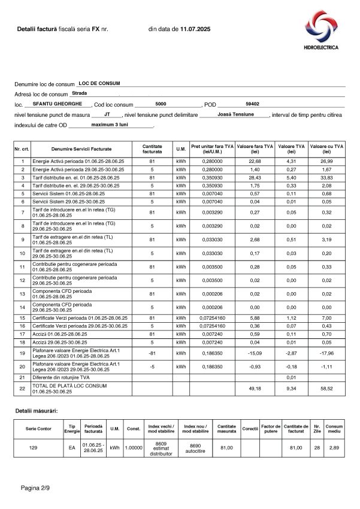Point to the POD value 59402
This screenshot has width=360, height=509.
(252, 104)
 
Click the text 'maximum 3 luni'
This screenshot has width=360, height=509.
(111, 125)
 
